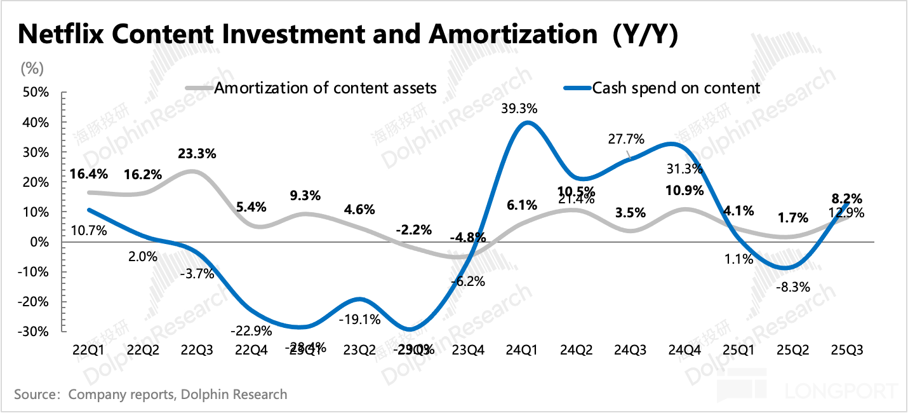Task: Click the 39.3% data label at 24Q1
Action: point(519,109)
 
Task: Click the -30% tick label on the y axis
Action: point(34,332)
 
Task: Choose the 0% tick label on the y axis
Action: point(39,242)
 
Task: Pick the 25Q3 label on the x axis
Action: point(848,349)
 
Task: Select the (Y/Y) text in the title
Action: point(645,36)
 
